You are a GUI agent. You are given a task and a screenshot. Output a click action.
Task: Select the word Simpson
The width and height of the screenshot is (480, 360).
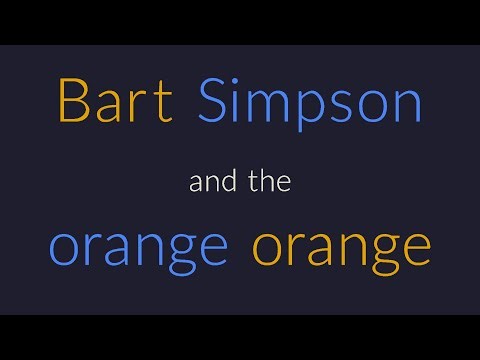pyautogui.click(x=311, y=102)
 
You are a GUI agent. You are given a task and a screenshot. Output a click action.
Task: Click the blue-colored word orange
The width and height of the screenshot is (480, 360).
pyautogui.click(x=138, y=247)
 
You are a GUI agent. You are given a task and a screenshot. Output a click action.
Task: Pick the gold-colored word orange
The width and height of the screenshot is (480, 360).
pyautogui.click(x=341, y=247)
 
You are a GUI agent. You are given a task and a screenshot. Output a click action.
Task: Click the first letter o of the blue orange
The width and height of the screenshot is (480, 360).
pyautogui.click(x=64, y=247)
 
